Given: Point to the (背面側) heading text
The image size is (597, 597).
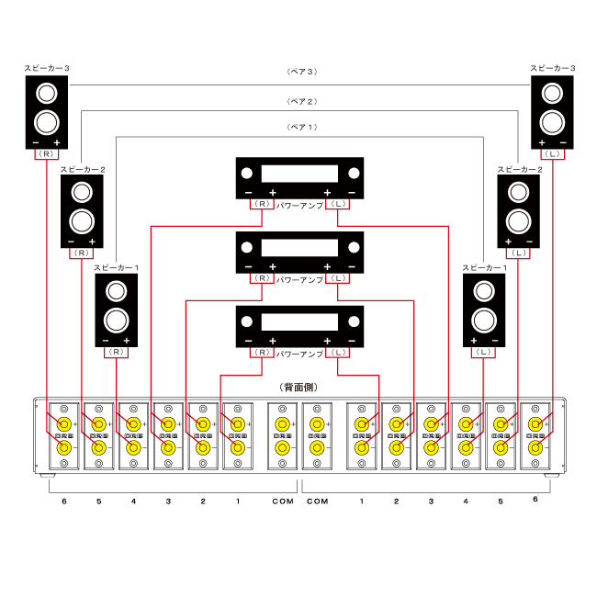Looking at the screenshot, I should click(x=298, y=388).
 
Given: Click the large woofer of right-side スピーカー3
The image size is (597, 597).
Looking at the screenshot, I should click(x=553, y=121).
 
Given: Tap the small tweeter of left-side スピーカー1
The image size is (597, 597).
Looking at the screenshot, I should click(x=116, y=292).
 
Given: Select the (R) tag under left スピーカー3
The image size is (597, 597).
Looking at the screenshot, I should click(x=47, y=154).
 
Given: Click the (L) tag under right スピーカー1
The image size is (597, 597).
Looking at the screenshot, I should click(x=484, y=352).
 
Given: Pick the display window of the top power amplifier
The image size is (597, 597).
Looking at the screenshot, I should click(x=299, y=175).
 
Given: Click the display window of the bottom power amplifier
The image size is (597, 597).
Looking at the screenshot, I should click(x=299, y=322).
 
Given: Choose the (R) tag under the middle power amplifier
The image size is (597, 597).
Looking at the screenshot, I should click(x=263, y=277).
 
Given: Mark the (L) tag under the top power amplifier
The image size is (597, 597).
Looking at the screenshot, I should click(x=338, y=203).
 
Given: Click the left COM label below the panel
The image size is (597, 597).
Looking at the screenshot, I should click(x=283, y=501).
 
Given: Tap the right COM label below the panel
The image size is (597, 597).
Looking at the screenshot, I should click(x=317, y=501).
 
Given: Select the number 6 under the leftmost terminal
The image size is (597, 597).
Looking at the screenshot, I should click(x=64, y=501).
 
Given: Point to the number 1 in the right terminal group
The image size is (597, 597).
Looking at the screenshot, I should click(x=362, y=501).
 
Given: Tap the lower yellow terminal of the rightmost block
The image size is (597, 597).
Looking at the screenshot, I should click(x=535, y=448).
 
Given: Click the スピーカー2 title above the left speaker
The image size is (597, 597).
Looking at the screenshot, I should click(x=82, y=170).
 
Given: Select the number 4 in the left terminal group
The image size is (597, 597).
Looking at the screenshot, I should click(x=134, y=501).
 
